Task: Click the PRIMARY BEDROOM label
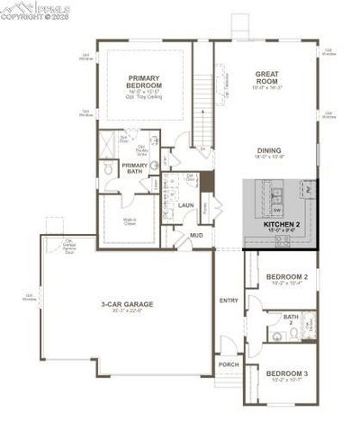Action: pos(142,82)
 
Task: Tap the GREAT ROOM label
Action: pos(269,78)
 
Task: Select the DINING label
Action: pos(269,150)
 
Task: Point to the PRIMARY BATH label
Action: pos(135,167)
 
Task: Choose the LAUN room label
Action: pos(186,205)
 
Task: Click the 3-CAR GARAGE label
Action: pos(127,305)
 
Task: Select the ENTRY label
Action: pos(228,300)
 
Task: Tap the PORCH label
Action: pos(228,365)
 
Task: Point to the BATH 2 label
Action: pos(291,319)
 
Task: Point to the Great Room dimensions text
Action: pos(269,88)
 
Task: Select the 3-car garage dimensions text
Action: pos(127,312)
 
